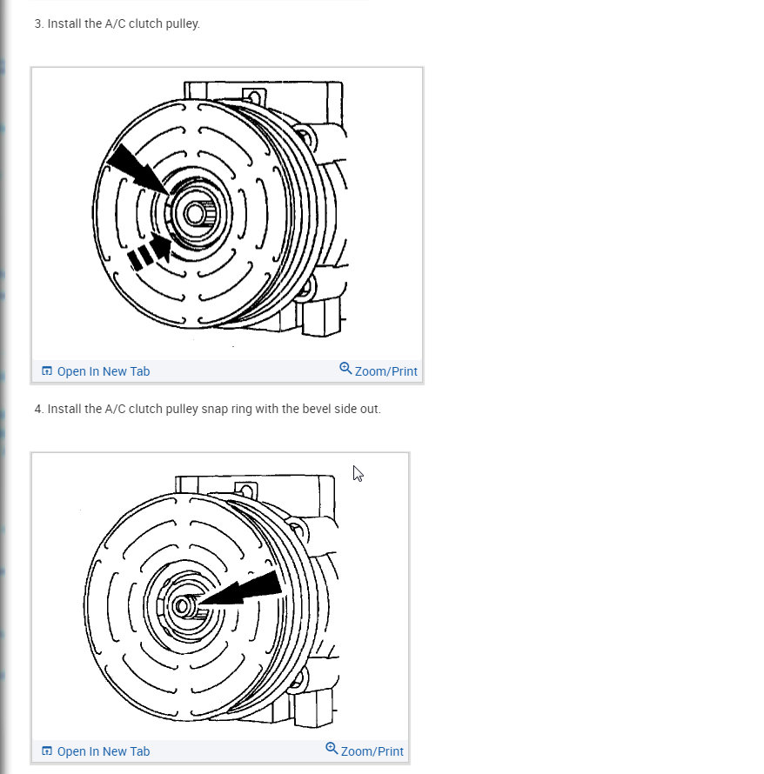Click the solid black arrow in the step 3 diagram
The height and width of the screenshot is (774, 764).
point(138,170)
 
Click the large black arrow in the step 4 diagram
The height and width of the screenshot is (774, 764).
point(240,590)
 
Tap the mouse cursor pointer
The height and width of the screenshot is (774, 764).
point(358,473)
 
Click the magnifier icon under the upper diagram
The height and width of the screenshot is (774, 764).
point(345,368)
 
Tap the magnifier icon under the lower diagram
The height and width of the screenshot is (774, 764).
point(332,748)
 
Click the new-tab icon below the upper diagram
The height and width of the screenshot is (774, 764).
point(47,370)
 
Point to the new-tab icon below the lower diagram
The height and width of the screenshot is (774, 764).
point(47,751)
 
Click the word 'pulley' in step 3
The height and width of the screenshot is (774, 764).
point(182,23)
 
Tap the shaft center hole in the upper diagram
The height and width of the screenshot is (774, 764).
point(195,214)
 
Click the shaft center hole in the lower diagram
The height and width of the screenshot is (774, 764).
point(181,606)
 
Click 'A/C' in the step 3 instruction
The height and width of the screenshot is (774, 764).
point(115,23)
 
